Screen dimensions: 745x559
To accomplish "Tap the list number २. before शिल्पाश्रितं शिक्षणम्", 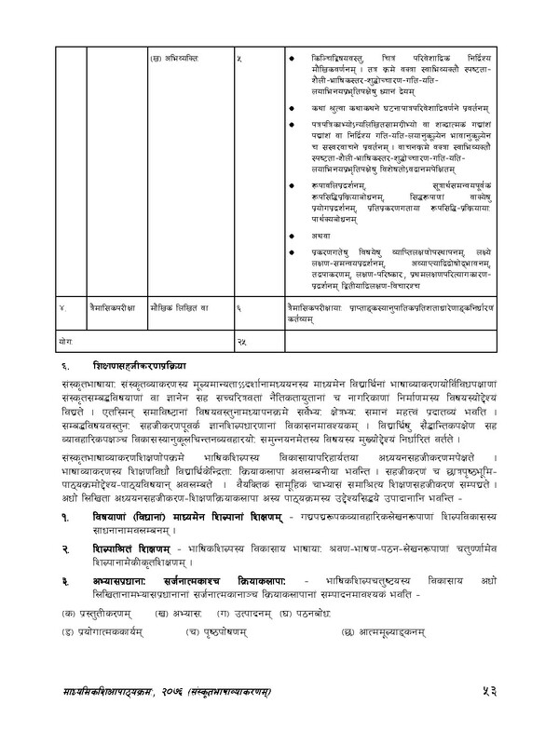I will [56, 551].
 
